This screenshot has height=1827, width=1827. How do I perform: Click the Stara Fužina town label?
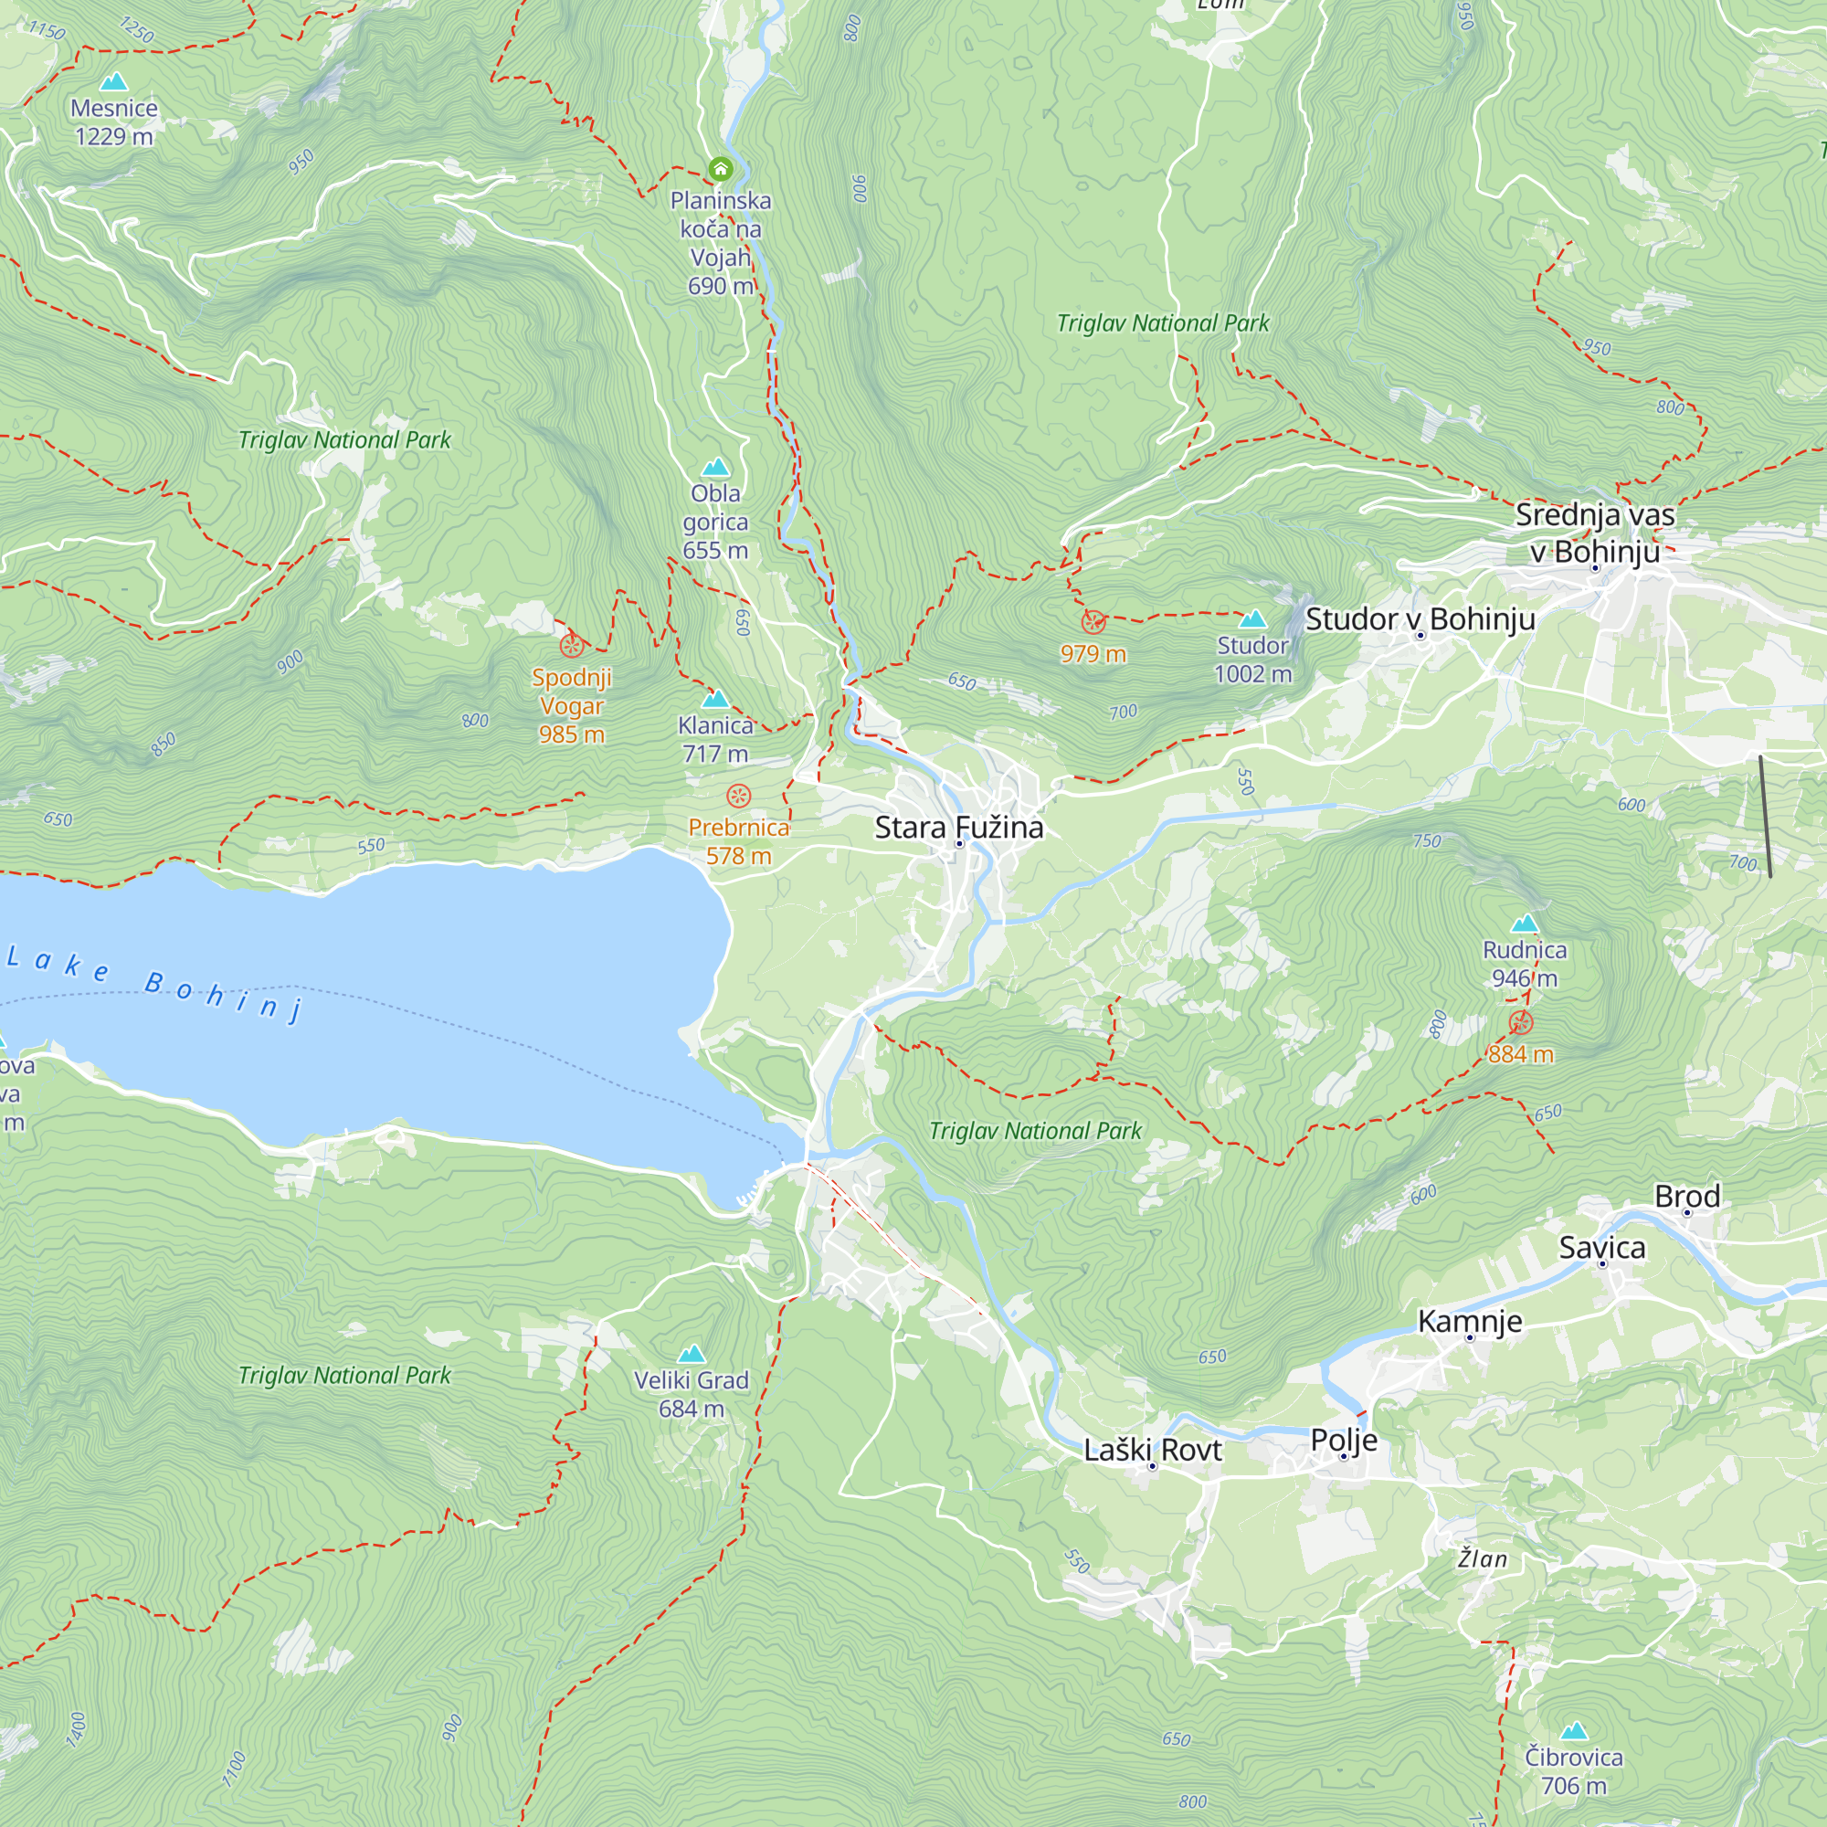pyautogui.click(x=959, y=828)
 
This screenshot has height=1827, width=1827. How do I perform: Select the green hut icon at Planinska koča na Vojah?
pyautogui.click(x=721, y=170)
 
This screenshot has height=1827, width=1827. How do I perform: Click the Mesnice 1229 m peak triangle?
pyautogui.click(x=114, y=82)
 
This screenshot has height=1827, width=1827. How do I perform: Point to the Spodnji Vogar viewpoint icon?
pyautogui.click(x=571, y=646)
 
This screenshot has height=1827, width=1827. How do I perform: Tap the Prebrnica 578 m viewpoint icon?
pyautogui.click(x=738, y=796)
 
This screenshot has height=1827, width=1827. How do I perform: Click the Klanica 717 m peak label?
pyautogui.click(x=715, y=738)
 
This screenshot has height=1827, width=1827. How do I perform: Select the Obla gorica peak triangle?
pyautogui.click(x=716, y=467)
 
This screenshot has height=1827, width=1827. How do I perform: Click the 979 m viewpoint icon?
pyautogui.click(x=1093, y=622)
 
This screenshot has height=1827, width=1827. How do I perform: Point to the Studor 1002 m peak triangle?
pyautogui.click(x=1252, y=619)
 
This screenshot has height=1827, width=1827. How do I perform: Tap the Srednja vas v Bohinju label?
pyautogui.click(x=1594, y=533)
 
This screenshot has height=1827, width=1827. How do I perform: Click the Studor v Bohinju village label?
pyautogui.click(x=1420, y=619)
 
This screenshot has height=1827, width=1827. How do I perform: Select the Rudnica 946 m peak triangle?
pyautogui.click(x=1525, y=924)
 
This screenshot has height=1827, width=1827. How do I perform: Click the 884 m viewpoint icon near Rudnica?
pyautogui.click(x=1521, y=1022)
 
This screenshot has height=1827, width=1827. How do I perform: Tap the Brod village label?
pyautogui.click(x=1687, y=1197)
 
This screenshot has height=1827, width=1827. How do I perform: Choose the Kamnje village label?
pyautogui.click(x=1470, y=1321)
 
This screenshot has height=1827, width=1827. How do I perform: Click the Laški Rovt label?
pyautogui.click(x=1152, y=1450)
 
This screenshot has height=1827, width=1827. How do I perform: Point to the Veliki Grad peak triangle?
pyautogui.click(x=692, y=1354)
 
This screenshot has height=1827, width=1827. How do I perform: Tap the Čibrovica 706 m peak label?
pyautogui.click(x=1574, y=1771)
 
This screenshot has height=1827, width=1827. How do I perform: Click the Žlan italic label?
pyautogui.click(x=1482, y=1558)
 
